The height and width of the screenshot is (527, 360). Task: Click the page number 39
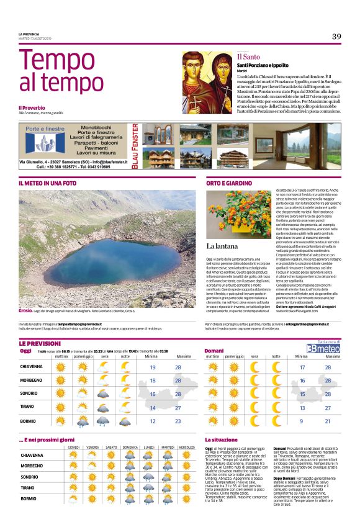coord(336,37)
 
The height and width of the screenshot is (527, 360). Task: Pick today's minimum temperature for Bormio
coord(153,421)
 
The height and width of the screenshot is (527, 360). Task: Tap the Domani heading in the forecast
coord(214,351)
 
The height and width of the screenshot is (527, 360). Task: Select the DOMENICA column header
coord(130,448)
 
